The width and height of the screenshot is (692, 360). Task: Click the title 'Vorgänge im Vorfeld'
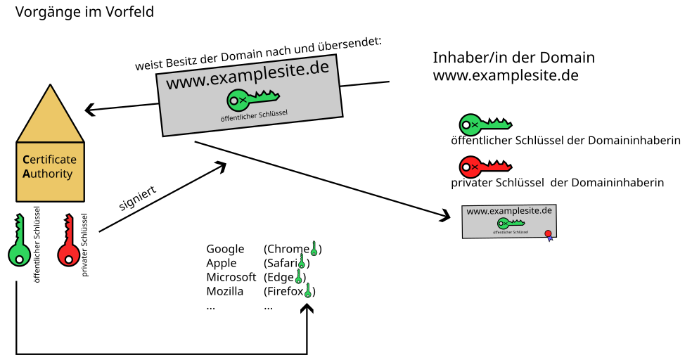click(x=84, y=12)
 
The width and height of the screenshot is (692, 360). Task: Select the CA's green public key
click(x=18, y=243)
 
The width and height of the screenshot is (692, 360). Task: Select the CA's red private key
click(x=68, y=243)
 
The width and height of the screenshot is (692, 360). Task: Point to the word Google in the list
click(x=225, y=249)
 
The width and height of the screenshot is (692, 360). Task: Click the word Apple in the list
click(x=222, y=263)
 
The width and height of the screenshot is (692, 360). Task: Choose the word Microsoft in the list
click(x=231, y=277)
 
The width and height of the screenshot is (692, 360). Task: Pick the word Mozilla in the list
click(x=225, y=291)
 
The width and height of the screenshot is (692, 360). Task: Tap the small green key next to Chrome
click(x=314, y=247)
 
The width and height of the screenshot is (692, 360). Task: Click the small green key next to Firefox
click(x=308, y=290)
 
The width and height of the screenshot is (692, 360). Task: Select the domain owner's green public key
click(x=484, y=124)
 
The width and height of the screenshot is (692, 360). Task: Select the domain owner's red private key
click(x=484, y=167)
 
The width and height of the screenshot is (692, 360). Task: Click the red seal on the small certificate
click(x=547, y=233)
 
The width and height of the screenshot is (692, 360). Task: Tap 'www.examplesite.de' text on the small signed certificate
click(x=509, y=211)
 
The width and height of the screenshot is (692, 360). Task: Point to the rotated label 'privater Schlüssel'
click(x=85, y=244)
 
